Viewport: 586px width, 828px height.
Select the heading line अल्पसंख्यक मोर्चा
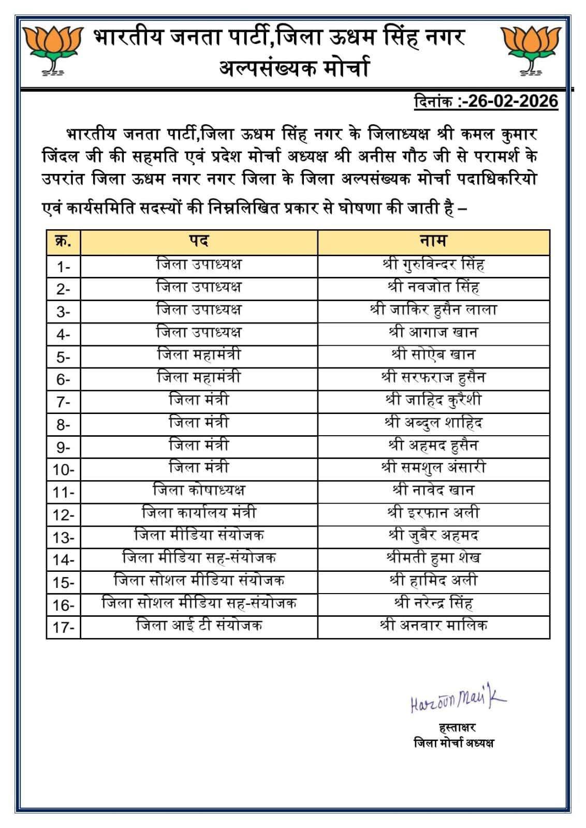pyautogui.click(x=294, y=68)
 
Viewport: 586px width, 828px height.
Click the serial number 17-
pyautogui.click(x=63, y=628)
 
